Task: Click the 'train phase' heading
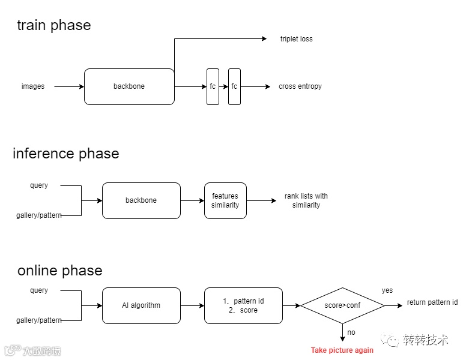(x=54, y=25)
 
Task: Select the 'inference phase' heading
(x=66, y=154)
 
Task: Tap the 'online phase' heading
(x=60, y=270)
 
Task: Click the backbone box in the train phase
(x=129, y=86)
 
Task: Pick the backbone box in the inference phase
(x=141, y=200)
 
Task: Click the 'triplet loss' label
(x=296, y=39)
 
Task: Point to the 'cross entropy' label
(x=300, y=86)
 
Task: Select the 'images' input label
(x=33, y=86)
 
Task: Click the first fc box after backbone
(x=213, y=86)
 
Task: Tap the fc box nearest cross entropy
(x=234, y=86)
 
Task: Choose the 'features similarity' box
(x=225, y=200)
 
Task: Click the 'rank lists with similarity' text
(x=306, y=200)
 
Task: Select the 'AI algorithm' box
(x=141, y=305)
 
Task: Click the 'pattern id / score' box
(x=243, y=305)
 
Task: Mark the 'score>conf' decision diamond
(x=342, y=305)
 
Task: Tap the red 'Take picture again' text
(x=342, y=350)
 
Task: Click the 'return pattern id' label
(x=432, y=302)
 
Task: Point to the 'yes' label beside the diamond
(x=387, y=290)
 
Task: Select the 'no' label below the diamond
(x=351, y=332)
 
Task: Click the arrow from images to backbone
(x=69, y=86)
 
